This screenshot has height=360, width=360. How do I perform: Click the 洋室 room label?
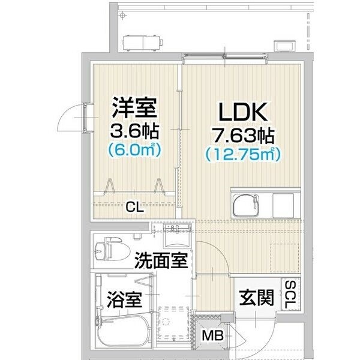coord(134,109)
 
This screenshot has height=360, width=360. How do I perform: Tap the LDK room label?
coord(243,112)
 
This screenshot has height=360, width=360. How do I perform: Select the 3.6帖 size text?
coord(134,131)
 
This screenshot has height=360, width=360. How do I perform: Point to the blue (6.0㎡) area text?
coord(134,150)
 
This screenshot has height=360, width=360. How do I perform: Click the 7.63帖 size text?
coord(243,136)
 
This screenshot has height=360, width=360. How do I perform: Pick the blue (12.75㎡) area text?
coord(243,154)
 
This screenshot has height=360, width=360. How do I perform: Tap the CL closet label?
coord(135,208)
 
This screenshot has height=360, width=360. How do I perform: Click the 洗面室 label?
coord(161,260)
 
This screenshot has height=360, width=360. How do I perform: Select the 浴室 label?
coord(124,299)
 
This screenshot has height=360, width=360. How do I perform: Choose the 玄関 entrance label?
coord(256,298)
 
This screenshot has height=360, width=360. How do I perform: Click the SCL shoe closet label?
coord(290,295)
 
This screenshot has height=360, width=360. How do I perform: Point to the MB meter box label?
coord(212,335)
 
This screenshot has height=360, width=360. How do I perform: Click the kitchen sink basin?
coord(245,205)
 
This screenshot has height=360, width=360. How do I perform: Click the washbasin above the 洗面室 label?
coord(177,236)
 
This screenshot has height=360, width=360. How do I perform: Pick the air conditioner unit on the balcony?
coord(143,43)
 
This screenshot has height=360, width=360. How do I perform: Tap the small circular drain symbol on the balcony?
coord(123,16)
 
